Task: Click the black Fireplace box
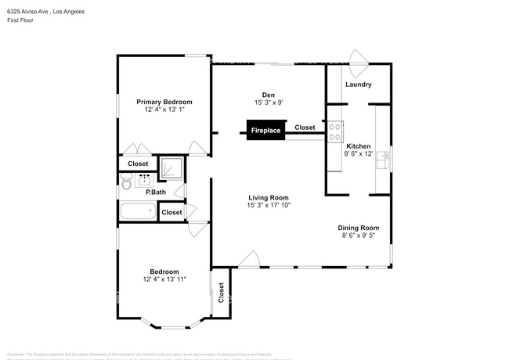click(265, 131)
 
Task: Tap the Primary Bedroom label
click(164, 102)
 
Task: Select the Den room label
click(268, 95)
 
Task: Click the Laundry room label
click(358, 85)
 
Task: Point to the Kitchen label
click(359, 146)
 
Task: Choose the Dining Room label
click(364, 228)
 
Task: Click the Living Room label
click(269, 198)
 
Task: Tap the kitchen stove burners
click(336, 131)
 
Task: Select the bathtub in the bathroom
click(138, 211)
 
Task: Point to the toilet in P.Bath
click(127, 182)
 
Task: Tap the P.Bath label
click(156, 192)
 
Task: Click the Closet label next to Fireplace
click(305, 128)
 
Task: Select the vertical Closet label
click(221, 293)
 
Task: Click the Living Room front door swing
click(250, 259)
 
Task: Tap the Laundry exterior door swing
click(359, 57)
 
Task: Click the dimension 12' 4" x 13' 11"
click(164, 279)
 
